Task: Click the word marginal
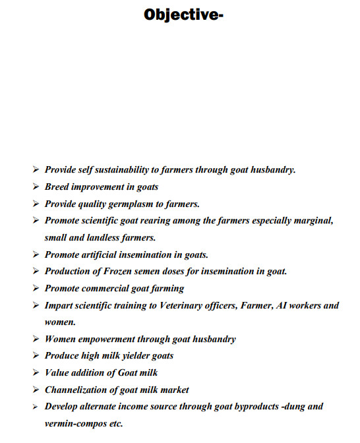[311, 220]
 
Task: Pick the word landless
[102, 237]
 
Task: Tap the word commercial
[109, 288]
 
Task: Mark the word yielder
[132, 356]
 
